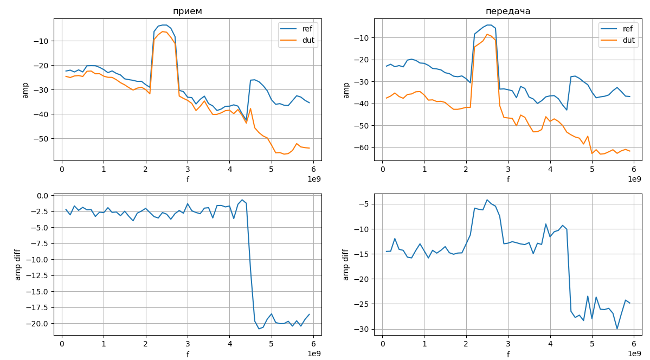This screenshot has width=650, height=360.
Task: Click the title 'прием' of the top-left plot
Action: [x=188, y=11]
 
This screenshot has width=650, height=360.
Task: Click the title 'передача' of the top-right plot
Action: [x=508, y=11]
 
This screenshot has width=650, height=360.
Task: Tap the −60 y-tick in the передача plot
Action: [x=362, y=147]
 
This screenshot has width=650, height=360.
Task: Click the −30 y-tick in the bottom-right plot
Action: [x=362, y=329]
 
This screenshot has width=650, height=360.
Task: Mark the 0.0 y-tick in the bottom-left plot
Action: [x=43, y=196]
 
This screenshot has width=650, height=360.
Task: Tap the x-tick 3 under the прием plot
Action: [x=188, y=168]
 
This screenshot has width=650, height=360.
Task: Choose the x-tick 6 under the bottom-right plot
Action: [x=634, y=343]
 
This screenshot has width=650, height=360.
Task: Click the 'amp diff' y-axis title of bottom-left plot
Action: [x=18, y=264]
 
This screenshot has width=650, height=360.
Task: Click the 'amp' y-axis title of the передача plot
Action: [x=346, y=89]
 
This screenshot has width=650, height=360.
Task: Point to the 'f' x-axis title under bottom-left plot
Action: [x=188, y=355]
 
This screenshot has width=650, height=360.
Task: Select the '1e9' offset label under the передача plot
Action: [x=634, y=179]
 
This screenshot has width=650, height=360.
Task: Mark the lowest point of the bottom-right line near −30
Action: [x=617, y=329]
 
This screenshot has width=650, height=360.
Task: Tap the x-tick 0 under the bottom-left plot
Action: [x=62, y=343]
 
